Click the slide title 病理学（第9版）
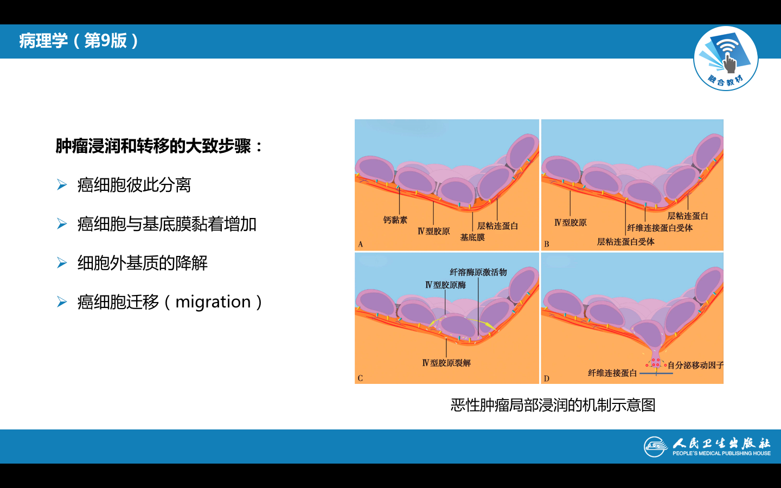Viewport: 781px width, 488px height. click(x=79, y=41)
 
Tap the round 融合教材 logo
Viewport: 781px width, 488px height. click(x=726, y=58)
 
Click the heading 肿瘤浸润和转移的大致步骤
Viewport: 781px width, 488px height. click(x=153, y=146)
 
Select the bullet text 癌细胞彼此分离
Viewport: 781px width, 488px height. click(x=135, y=185)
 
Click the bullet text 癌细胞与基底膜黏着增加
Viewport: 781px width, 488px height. click(x=167, y=224)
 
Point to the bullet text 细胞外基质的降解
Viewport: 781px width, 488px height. click(x=142, y=263)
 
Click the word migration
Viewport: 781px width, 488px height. click(x=213, y=302)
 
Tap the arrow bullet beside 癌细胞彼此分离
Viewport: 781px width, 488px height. click(x=62, y=185)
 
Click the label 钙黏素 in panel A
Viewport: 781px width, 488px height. click(x=395, y=220)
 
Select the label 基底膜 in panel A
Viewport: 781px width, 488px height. click(x=472, y=237)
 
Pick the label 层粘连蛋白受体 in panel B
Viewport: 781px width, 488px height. click(x=625, y=242)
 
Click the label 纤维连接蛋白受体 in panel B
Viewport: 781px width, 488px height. click(x=660, y=228)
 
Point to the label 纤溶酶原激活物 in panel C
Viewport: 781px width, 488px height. click(x=478, y=272)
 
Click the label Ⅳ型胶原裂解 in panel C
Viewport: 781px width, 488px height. click(x=446, y=363)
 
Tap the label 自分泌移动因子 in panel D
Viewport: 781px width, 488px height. click(x=695, y=365)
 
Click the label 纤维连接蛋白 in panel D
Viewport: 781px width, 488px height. click(x=612, y=373)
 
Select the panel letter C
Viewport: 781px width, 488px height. click(x=360, y=378)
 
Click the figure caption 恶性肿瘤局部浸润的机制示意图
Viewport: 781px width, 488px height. click(x=553, y=405)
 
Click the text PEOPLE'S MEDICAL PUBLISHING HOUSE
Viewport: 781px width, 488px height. click(x=721, y=453)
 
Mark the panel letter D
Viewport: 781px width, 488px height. click(x=546, y=378)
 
